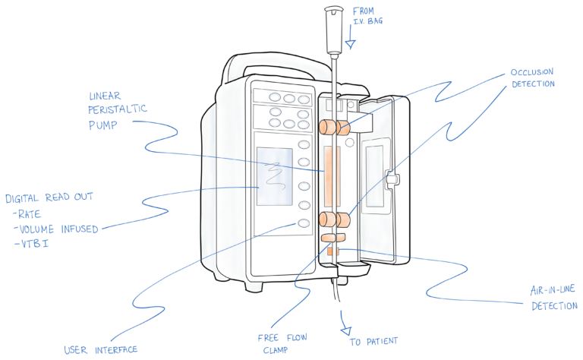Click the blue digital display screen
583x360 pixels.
(275, 176)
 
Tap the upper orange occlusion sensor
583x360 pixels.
(333, 127)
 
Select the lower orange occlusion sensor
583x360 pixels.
(334, 220)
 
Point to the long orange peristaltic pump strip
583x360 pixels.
(329, 176)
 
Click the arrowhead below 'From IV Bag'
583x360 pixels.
(350, 45)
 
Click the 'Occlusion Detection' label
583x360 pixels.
(532, 77)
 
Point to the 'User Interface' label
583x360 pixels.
(100, 350)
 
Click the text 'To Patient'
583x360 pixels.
(373, 342)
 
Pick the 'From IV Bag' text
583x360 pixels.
(367, 16)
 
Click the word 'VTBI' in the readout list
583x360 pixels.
(30, 244)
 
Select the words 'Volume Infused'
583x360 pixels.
(60, 229)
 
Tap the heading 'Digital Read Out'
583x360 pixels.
(49, 197)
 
